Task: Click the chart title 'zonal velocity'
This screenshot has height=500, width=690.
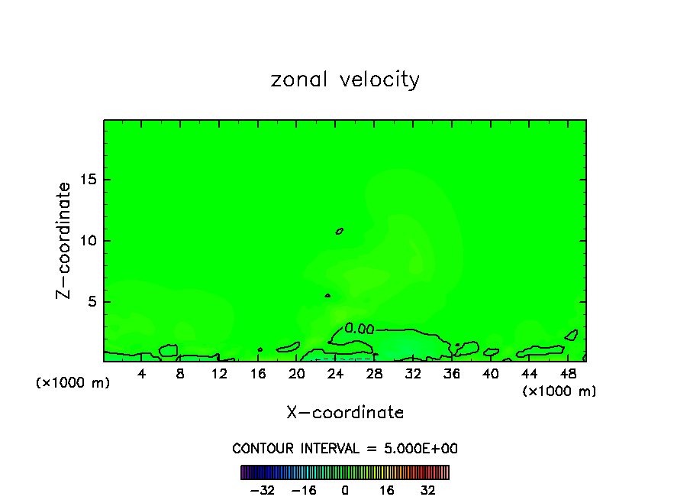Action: tap(345, 80)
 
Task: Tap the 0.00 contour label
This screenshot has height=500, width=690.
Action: tap(359, 329)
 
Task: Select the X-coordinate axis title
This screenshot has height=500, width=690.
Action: tap(345, 413)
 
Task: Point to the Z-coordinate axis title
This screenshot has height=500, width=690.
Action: tap(64, 240)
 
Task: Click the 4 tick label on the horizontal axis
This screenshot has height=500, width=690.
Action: tap(142, 374)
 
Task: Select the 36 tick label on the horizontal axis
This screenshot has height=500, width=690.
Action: tap(451, 374)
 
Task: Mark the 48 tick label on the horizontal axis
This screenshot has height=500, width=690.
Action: tap(567, 374)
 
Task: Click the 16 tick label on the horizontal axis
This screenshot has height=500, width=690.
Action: tap(258, 374)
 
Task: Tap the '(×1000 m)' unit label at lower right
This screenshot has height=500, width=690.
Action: tap(559, 391)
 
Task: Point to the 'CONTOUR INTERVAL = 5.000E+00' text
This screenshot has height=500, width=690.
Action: tap(345, 448)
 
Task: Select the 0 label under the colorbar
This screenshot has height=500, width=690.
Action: tap(345, 490)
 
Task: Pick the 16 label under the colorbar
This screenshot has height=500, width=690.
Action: tap(387, 490)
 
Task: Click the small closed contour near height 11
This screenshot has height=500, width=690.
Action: tap(340, 230)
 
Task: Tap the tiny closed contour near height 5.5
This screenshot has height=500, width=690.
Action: tap(327, 295)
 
